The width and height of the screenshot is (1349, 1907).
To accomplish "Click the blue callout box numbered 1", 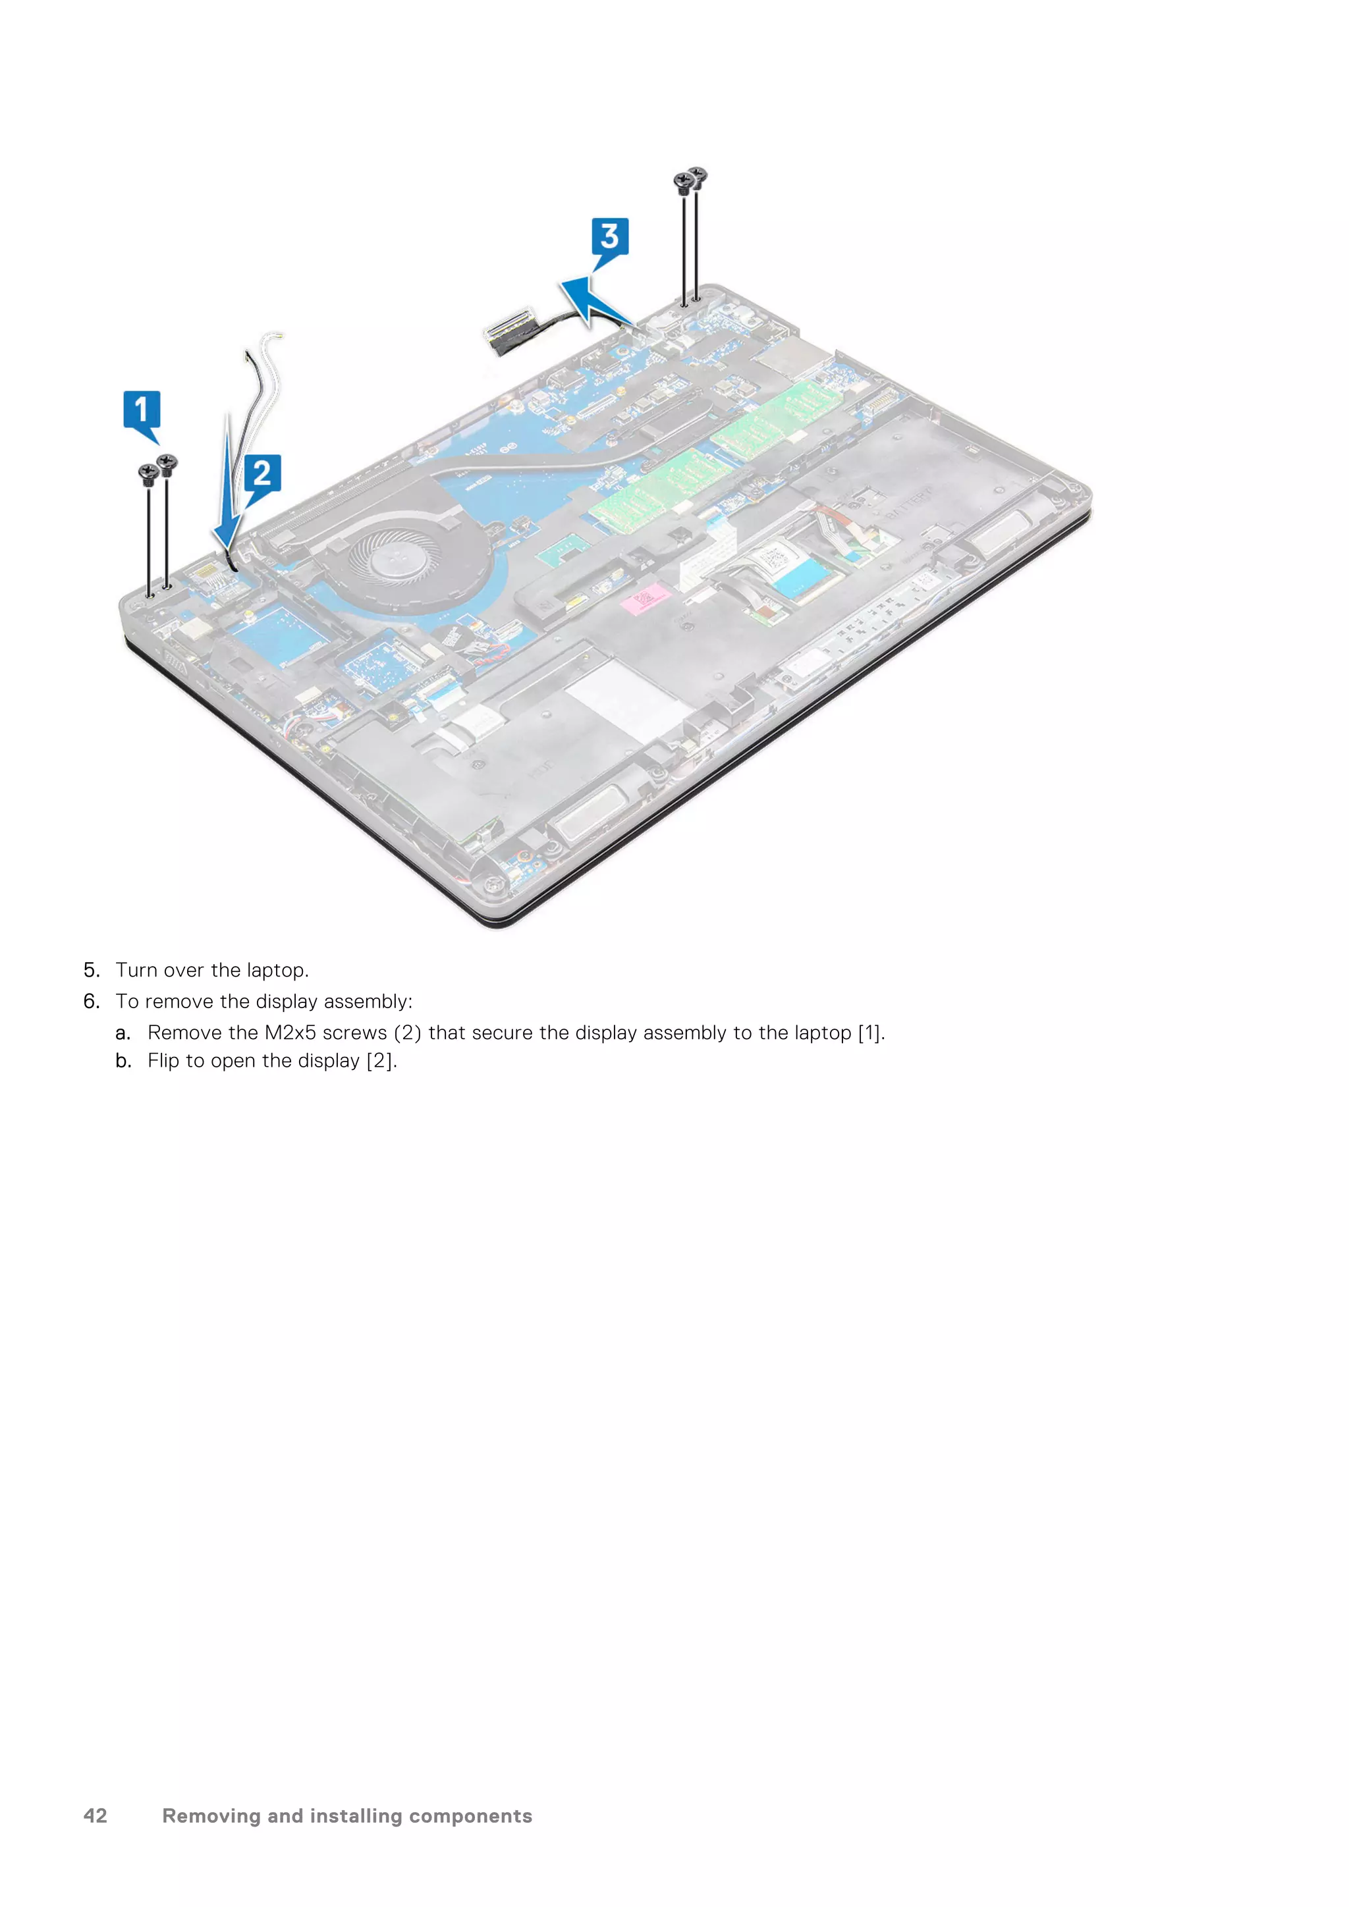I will (x=141, y=410).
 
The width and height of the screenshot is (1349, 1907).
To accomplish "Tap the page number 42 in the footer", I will (x=96, y=1815).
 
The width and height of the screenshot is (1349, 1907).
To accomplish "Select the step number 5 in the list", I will (x=92, y=970).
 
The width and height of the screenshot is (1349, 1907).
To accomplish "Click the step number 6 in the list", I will (x=92, y=1002).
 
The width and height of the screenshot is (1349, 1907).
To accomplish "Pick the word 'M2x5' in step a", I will (x=290, y=1033).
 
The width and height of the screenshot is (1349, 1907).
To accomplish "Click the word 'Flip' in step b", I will (x=163, y=1061).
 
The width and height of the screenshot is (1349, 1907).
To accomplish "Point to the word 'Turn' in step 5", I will (x=136, y=970).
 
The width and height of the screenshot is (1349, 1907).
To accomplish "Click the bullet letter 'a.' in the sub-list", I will (x=123, y=1033).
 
